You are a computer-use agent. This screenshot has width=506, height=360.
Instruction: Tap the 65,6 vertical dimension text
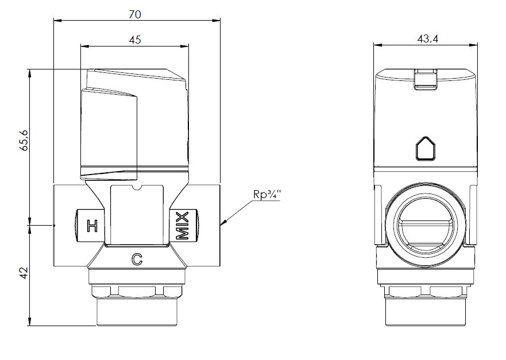(24, 140)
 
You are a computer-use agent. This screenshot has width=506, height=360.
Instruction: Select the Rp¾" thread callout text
(266, 193)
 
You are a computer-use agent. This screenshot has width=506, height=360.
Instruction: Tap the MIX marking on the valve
(182, 226)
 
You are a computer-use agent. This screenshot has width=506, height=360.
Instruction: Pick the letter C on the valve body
(137, 260)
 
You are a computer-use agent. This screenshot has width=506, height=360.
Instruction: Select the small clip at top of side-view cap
(426, 79)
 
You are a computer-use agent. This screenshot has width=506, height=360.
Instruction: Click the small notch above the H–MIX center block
(137, 187)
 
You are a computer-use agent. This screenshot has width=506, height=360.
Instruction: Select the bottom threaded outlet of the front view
(137, 310)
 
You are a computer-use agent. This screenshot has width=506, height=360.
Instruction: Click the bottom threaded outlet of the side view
(426, 310)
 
